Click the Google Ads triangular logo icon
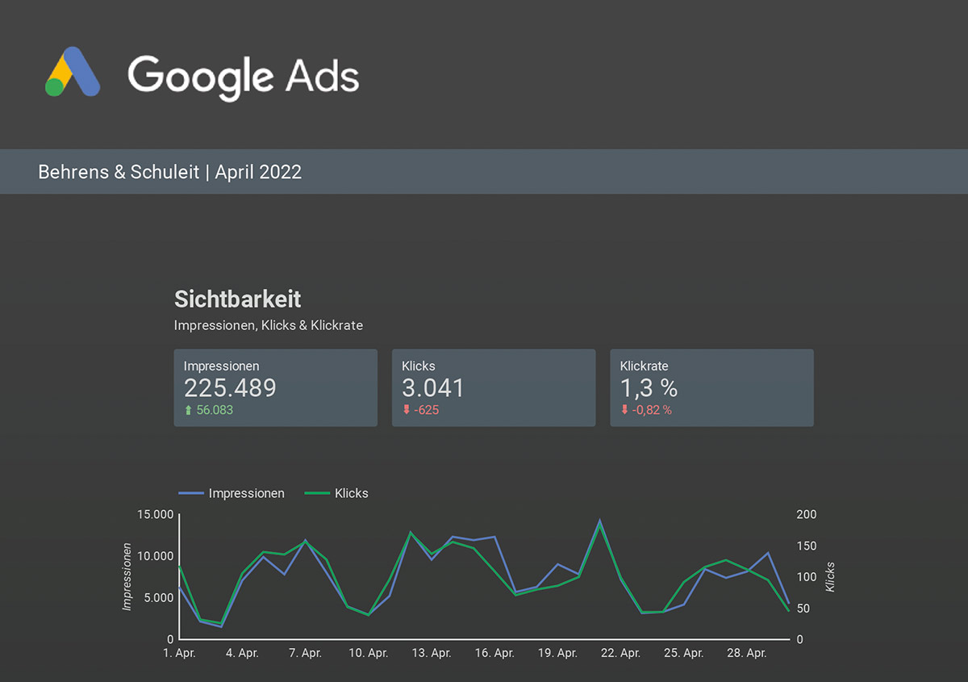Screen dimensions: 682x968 coord(73,73)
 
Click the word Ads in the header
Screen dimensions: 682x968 coord(323,77)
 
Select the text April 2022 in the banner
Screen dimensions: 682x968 coord(258,172)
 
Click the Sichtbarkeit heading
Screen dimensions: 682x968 coord(238,299)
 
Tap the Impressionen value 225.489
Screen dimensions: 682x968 coord(230,388)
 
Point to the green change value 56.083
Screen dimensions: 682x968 coord(215,410)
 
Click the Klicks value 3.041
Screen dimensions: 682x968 coord(433,388)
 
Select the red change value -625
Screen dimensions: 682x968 coord(426,410)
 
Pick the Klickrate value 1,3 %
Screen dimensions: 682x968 coord(649,388)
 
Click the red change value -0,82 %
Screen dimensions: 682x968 coord(651,410)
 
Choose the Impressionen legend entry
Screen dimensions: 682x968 coord(246,493)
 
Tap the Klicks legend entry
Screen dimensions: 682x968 coord(351,493)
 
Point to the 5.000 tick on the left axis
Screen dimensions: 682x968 coord(155,598)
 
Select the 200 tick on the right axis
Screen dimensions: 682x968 coord(807,514)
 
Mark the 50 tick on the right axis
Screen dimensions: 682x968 coord(803,609)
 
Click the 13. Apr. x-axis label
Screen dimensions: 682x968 coord(431,653)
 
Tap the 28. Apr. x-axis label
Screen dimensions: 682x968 coord(746,653)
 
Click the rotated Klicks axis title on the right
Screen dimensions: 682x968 coord(830,577)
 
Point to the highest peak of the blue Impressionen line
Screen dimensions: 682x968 coord(599,521)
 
